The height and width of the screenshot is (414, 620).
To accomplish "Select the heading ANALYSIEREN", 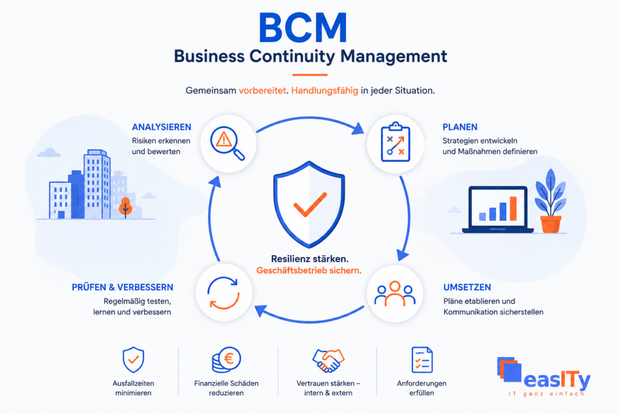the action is (161, 127).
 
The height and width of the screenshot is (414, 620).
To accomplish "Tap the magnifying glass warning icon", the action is (227, 143).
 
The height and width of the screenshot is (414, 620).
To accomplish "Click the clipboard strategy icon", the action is (395, 142).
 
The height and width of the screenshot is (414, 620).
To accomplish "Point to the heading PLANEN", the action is (460, 127).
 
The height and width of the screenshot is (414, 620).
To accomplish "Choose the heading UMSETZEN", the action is (467, 287).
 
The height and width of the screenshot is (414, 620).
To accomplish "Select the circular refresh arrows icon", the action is (223, 293).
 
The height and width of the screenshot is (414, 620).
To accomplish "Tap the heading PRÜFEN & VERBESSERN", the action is (122, 287).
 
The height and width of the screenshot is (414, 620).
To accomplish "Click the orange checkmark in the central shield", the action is (309, 205).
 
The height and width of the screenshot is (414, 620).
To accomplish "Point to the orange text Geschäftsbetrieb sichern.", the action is (309, 271).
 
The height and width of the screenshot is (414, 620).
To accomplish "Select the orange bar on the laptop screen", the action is (513, 209).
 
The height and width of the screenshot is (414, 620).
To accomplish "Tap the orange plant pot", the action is (550, 224).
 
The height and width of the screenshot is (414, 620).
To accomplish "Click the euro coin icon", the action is (226, 359).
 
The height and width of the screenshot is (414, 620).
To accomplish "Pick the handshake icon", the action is (328, 360).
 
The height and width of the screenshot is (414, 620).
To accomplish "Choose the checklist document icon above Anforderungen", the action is (422, 360).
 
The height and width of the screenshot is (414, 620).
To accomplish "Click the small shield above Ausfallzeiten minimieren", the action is (133, 360).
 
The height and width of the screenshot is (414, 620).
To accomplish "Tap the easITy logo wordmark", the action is (557, 380).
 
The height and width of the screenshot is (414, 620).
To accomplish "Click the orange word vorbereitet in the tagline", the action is (262, 91).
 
